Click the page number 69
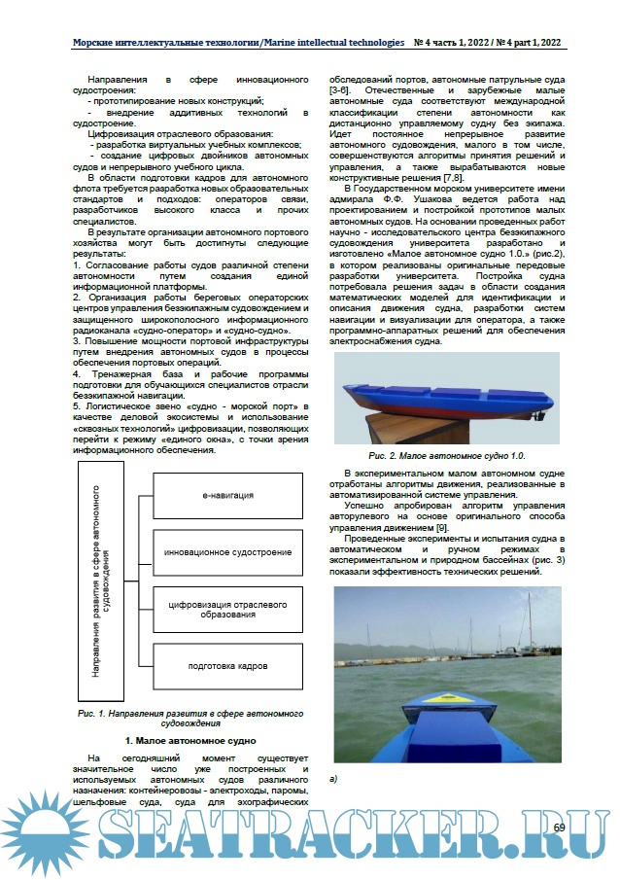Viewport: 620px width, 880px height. coord(559,827)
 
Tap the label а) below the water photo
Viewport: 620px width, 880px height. coord(334,779)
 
